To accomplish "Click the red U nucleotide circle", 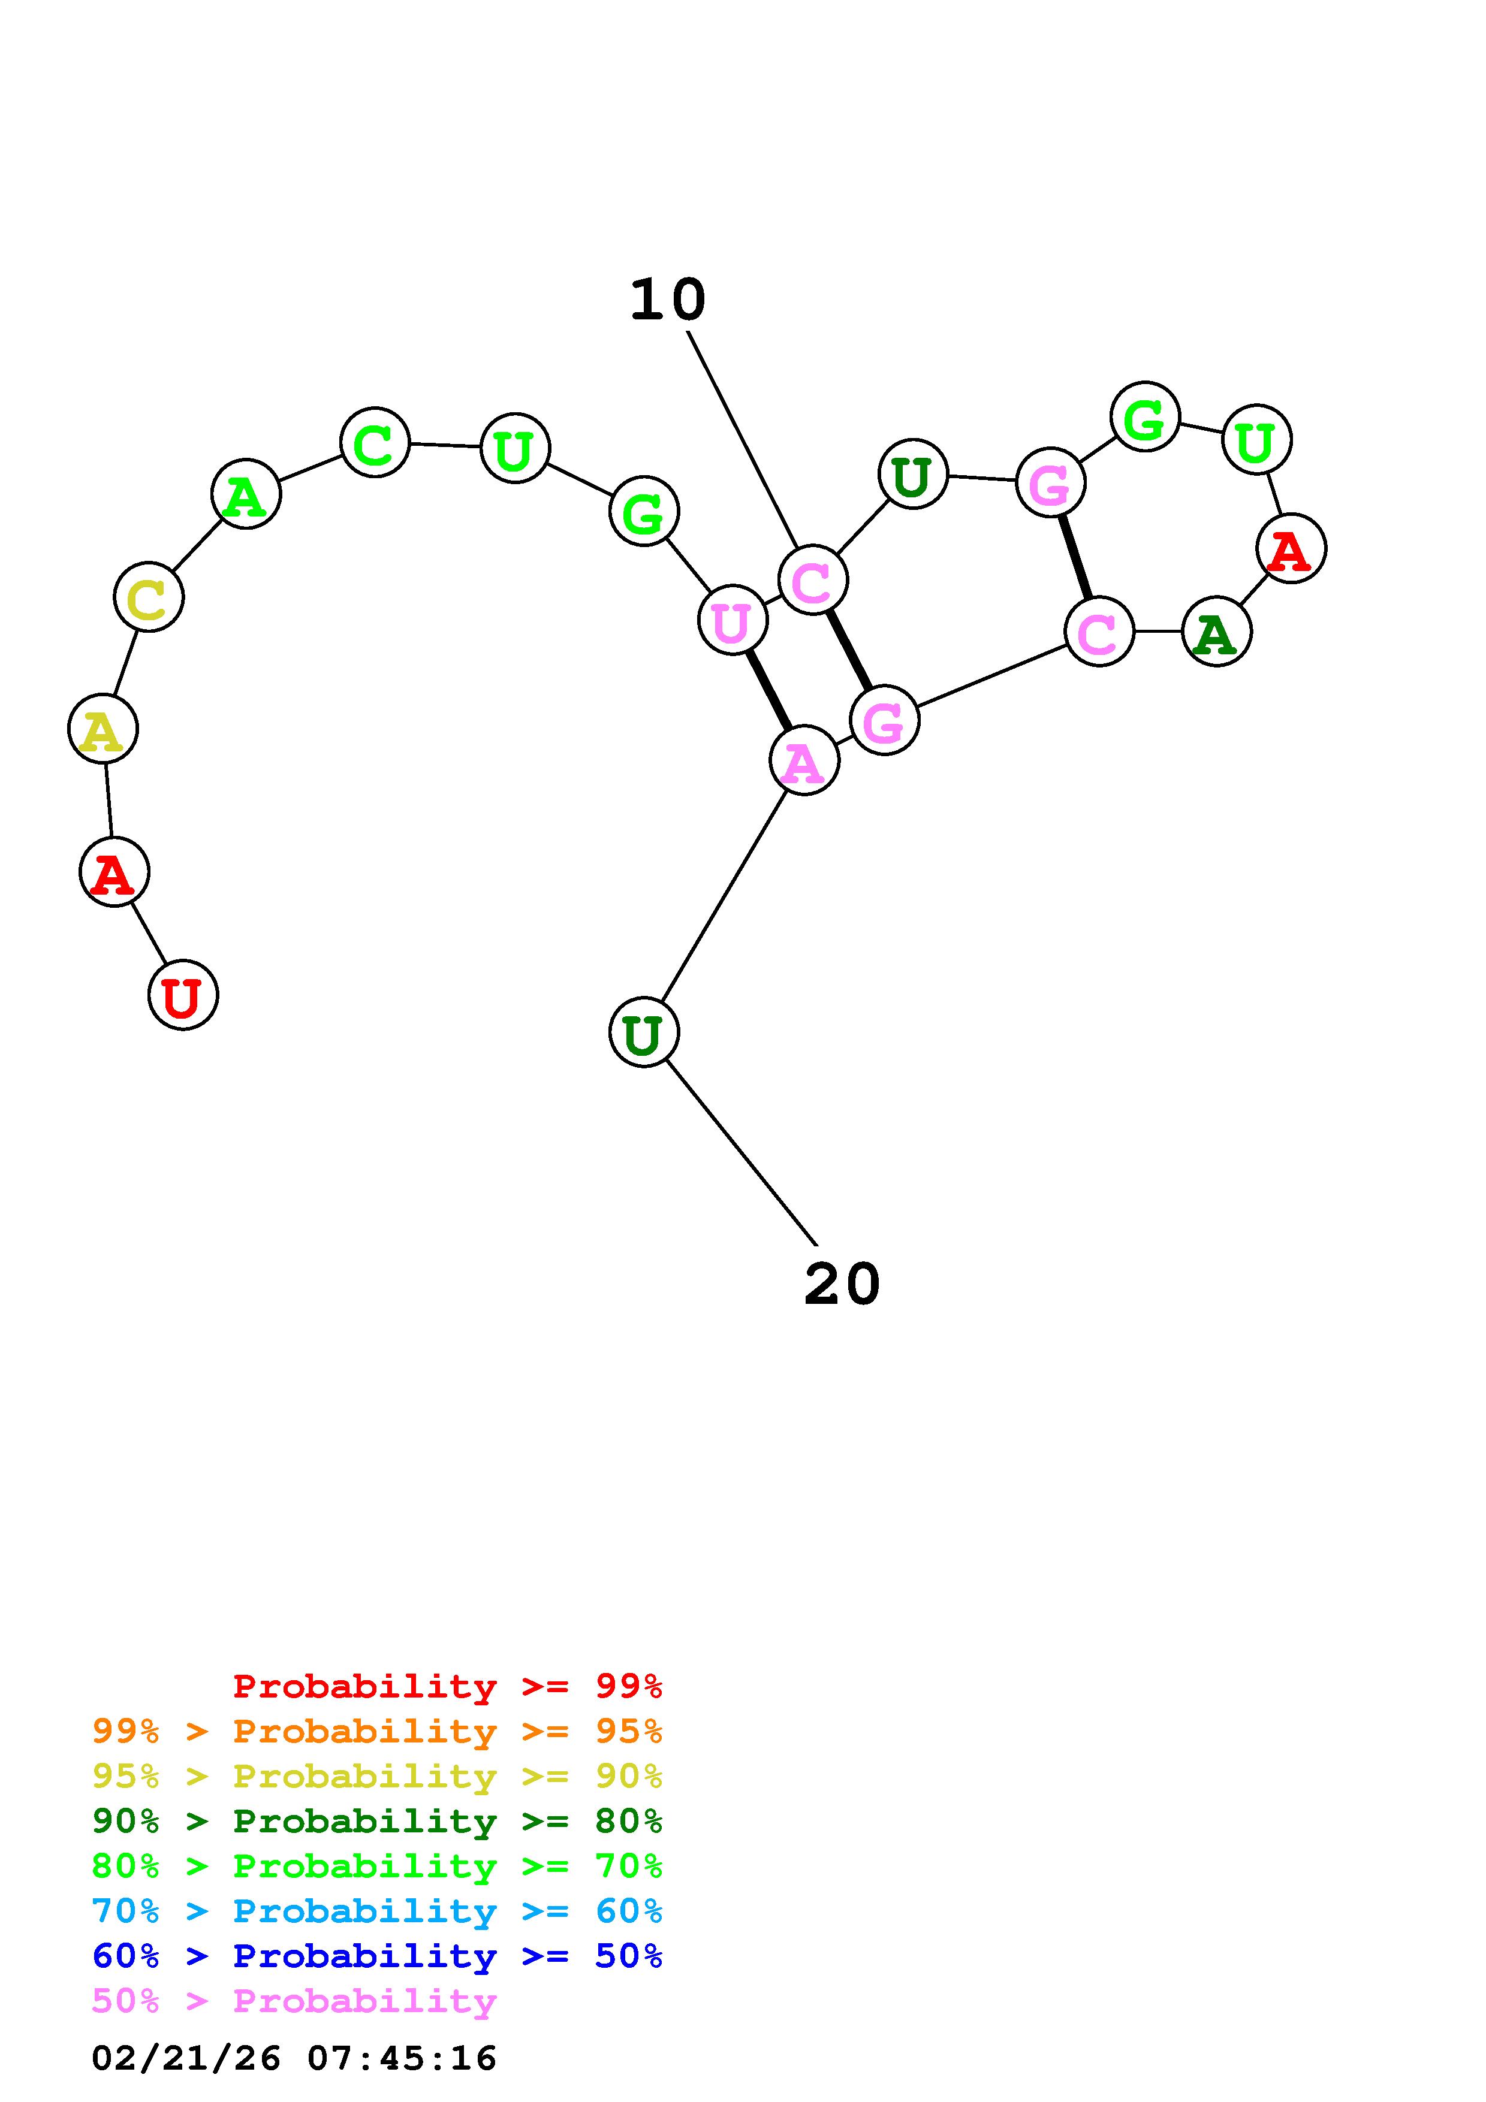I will click(183, 995).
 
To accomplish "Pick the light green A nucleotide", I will click(245, 494).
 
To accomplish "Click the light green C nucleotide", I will click(375, 443).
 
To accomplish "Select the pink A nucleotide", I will click(804, 761).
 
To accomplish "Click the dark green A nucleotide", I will click(1216, 632).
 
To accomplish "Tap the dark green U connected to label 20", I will click(644, 1032).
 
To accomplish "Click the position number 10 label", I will click(667, 300).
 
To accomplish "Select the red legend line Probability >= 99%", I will click(448, 1686).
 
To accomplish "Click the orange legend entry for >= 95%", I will click(377, 1731).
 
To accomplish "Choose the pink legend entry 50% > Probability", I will click(295, 2000).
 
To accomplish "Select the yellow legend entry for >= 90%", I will click(377, 1776).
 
